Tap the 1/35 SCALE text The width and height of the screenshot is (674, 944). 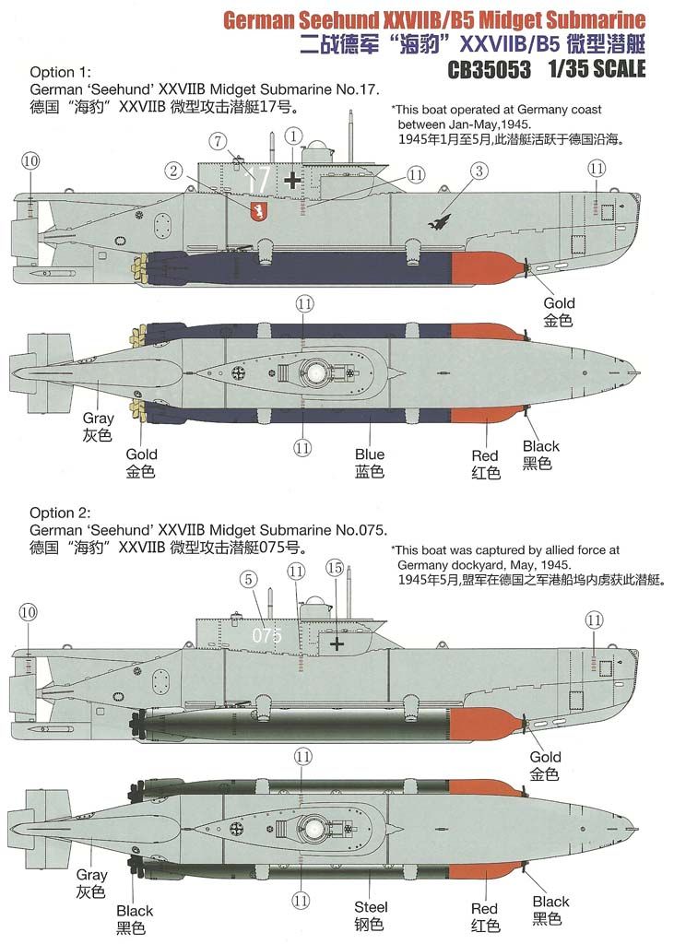tap(596, 69)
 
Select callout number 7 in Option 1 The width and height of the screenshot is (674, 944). tap(218, 141)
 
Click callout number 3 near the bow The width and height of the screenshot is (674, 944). tap(479, 171)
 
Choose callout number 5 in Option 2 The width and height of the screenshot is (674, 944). tap(246, 579)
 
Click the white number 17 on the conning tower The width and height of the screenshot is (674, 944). tap(259, 181)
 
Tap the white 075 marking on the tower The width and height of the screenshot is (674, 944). tap(266, 635)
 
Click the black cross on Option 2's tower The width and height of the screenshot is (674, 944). tap(338, 644)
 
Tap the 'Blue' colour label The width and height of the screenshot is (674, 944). tap(369, 455)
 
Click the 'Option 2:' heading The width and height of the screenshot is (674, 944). tap(64, 513)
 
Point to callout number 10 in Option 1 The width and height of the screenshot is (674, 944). tap(30, 160)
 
